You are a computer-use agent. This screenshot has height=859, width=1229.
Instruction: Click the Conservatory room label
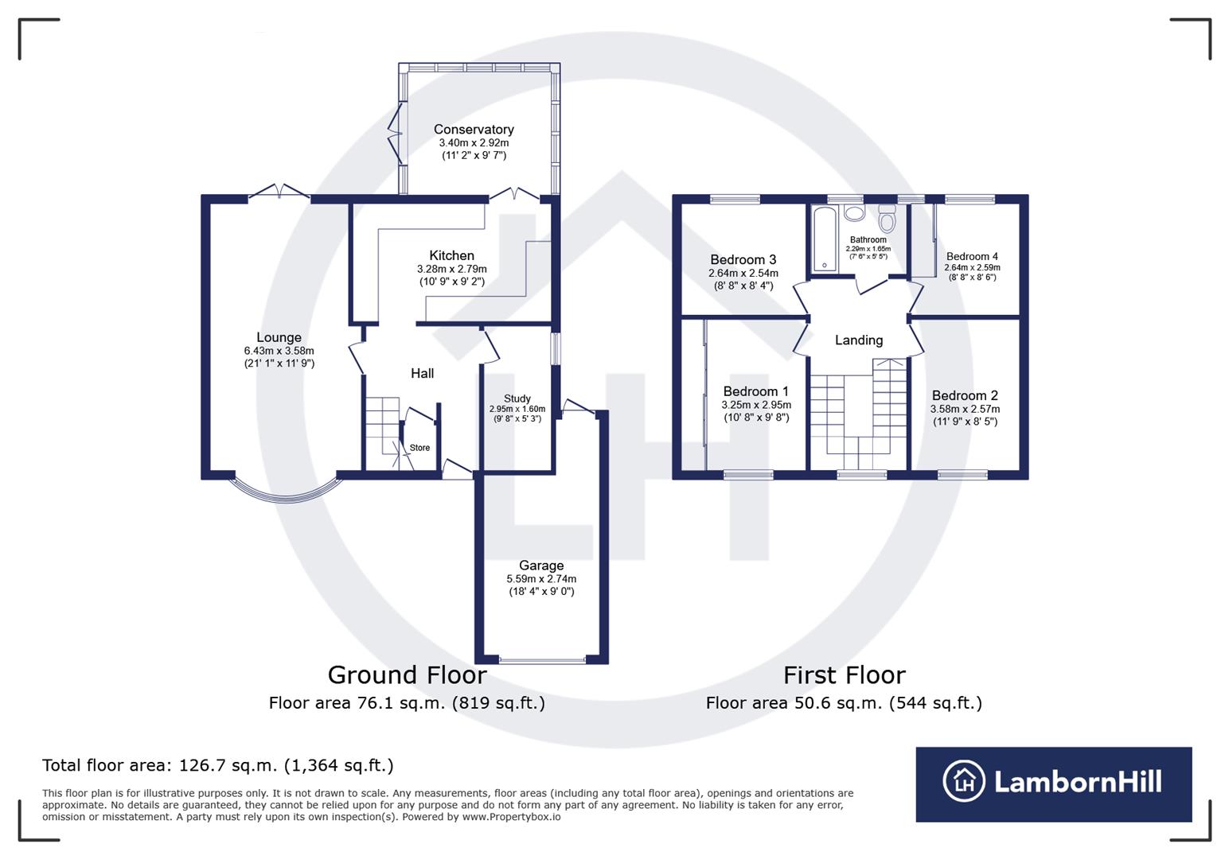pos(474,129)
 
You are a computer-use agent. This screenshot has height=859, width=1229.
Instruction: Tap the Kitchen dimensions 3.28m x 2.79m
pos(451,269)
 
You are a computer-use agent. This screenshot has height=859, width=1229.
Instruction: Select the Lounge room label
pos(279,337)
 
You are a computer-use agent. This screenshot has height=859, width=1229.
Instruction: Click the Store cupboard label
pos(419,448)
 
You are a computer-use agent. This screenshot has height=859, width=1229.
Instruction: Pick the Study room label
pos(517,398)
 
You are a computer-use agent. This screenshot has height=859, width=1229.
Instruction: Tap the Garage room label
pos(541,566)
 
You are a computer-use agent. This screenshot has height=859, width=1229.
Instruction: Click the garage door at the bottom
pos(542,660)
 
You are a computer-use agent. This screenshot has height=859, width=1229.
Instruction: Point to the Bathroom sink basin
pos(854,213)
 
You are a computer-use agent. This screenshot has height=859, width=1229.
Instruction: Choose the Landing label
pos(858,340)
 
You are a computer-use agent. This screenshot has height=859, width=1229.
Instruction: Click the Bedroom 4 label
pos(972,256)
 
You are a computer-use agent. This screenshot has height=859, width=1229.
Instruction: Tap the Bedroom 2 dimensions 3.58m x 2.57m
pos(965,409)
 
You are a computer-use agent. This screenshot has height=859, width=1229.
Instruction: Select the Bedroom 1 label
pos(755,391)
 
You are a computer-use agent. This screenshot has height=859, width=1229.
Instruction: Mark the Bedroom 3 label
pos(743,259)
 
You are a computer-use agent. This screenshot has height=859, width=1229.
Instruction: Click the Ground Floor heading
pos(407,674)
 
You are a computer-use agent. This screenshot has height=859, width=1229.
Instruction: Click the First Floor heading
pos(844,674)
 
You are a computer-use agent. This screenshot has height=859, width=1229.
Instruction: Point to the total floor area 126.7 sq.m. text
pos(217,765)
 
